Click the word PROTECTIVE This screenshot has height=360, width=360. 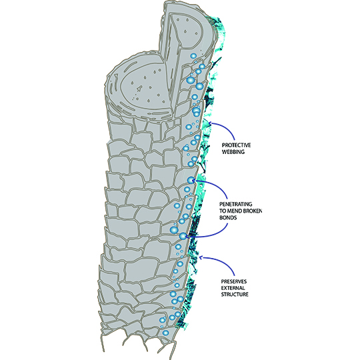(x=236, y=145)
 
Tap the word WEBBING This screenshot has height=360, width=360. (x=233, y=152)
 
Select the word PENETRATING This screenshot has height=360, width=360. (x=235, y=204)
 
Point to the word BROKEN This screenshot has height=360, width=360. (x=253, y=211)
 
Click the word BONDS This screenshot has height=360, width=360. (x=228, y=217)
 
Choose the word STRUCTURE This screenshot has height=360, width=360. (x=235, y=295)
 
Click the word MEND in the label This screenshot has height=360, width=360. (x=235, y=211)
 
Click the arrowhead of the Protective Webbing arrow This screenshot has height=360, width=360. (x=211, y=123)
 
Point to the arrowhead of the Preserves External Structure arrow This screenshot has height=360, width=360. (x=201, y=257)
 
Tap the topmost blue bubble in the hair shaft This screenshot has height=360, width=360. (x=193, y=56)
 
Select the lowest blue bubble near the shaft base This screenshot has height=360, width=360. (x=165, y=333)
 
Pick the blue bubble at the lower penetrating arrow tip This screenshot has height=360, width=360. (x=183, y=236)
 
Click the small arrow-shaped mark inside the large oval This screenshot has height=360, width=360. (x=139, y=88)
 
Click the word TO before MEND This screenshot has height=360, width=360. (x=223, y=211)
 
